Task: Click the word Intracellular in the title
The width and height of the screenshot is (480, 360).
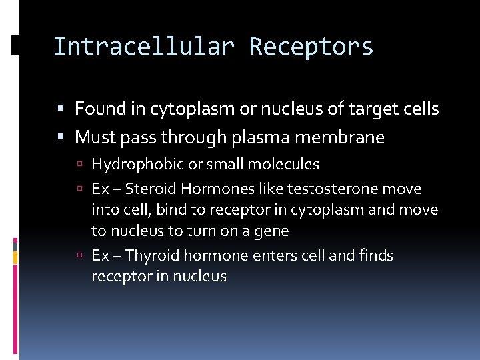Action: (143, 47)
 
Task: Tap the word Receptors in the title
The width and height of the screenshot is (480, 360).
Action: (311, 47)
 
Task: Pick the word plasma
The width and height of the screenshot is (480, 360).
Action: (259, 138)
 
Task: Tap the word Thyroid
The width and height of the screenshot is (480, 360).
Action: (152, 255)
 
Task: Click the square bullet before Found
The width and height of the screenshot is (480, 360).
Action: (61, 109)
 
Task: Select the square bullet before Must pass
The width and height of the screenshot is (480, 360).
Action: (61, 138)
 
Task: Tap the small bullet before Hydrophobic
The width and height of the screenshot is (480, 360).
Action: (80, 165)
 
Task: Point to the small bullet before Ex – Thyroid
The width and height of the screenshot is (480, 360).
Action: (80, 256)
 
